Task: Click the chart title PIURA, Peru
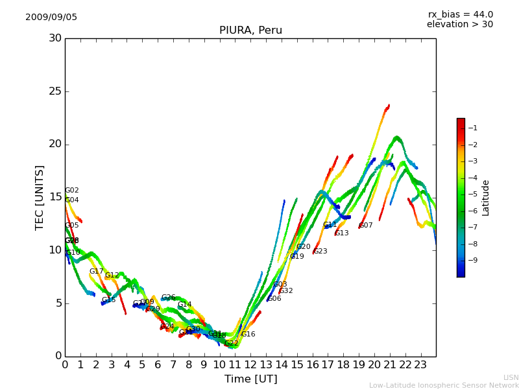click(250, 30)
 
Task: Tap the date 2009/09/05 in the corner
click(51, 18)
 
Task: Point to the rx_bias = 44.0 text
click(460, 15)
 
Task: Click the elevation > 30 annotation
click(460, 25)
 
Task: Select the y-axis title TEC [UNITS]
click(40, 197)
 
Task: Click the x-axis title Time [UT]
click(250, 379)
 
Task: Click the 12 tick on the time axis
click(250, 365)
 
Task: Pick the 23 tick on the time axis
click(420, 365)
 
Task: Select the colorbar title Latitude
click(486, 197)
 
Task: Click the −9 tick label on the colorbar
click(472, 260)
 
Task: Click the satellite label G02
click(72, 191)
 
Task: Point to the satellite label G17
click(97, 272)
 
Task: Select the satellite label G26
click(169, 298)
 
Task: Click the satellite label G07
click(366, 226)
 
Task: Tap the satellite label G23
click(320, 252)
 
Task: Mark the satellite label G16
click(248, 335)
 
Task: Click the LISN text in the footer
click(511, 377)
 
